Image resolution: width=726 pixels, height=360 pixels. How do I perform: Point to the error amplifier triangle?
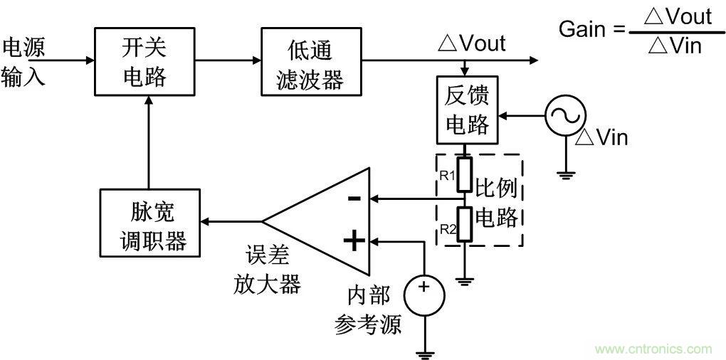point(327,221)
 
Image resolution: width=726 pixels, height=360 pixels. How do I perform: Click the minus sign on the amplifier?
point(354,198)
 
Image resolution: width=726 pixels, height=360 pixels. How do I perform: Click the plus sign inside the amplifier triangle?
point(354,241)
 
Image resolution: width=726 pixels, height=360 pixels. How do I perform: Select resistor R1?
point(465,176)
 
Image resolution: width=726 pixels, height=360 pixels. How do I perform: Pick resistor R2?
point(465,224)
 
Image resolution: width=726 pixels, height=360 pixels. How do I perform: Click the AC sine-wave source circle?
point(565,114)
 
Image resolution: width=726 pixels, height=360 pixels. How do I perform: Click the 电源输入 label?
point(23,61)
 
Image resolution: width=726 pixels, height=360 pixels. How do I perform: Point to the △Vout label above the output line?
point(471,43)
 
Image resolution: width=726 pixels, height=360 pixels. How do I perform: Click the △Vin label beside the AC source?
point(601,137)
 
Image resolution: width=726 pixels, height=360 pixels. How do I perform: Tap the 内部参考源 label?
point(368,309)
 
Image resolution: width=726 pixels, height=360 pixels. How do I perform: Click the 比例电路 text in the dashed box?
point(498,203)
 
